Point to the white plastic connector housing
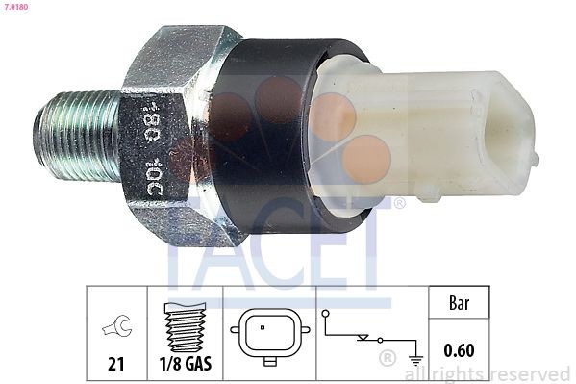coord(433,135)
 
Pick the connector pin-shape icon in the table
coord(268,338)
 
